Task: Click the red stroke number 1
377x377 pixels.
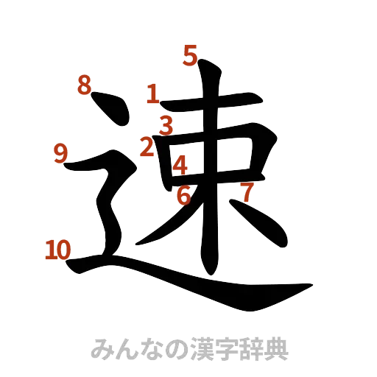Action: coord(152,94)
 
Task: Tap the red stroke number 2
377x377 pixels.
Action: coord(147,147)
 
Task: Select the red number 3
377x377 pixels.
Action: coord(167,125)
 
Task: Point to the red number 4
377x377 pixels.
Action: coord(179,164)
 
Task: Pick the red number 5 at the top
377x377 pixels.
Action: coord(191,56)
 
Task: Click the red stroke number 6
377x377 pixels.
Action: coord(183,196)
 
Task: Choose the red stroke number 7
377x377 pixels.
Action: coord(247,192)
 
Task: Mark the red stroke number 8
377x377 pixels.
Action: coord(85,85)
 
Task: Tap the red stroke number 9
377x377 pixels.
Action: coord(61,152)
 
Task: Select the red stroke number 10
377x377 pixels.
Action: coord(56,250)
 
